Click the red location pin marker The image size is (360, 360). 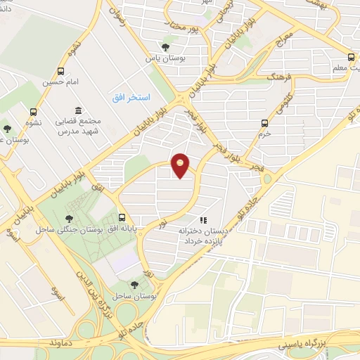(x=181, y=165)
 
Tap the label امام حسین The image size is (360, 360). (x=57, y=82)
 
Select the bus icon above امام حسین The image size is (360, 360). (x=61, y=71)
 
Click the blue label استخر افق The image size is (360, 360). (x=129, y=96)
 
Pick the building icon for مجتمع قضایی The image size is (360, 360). (x=77, y=111)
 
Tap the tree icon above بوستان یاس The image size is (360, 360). (x=165, y=48)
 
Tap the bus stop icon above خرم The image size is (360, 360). (x=265, y=122)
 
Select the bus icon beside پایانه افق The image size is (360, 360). (x=123, y=217)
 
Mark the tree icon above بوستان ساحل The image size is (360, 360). (x=134, y=285)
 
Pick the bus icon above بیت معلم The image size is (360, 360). (x=352, y=58)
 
